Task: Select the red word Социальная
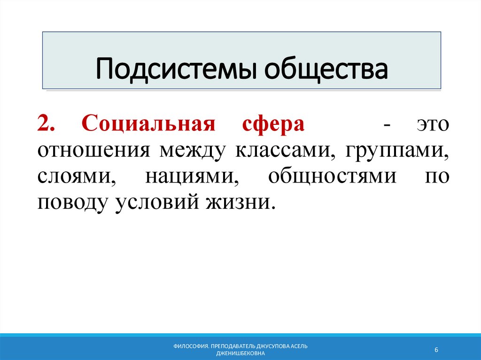click(148, 125)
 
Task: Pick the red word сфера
click(273, 125)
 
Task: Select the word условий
click(155, 203)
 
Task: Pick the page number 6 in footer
click(436, 350)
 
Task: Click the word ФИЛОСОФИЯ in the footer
click(191, 346)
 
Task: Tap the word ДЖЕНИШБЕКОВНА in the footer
click(240, 353)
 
